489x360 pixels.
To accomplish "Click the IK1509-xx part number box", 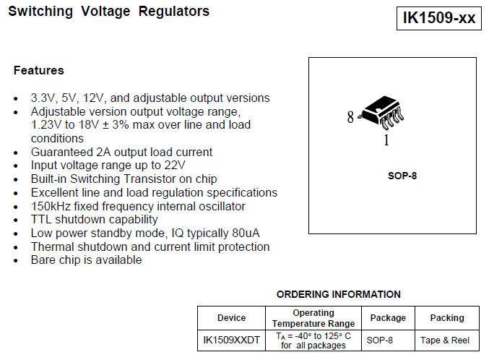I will click(439, 18).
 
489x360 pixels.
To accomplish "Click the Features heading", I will click(38, 71).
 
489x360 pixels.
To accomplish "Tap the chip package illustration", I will click(382, 113).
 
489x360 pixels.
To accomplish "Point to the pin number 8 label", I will click(350, 117).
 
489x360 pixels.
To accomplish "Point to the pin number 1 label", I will click(386, 141).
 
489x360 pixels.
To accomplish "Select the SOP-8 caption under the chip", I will click(402, 176).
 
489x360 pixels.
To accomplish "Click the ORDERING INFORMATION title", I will click(338, 294).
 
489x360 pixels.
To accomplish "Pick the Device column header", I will click(231, 318).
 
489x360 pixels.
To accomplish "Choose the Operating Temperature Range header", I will click(313, 318).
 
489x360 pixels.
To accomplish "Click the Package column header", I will click(388, 318).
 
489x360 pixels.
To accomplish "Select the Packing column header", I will click(447, 318).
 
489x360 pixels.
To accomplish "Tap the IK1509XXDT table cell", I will click(231, 340).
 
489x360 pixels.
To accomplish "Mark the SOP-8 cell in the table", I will click(380, 340).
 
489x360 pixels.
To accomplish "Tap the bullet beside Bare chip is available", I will click(17, 261).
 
